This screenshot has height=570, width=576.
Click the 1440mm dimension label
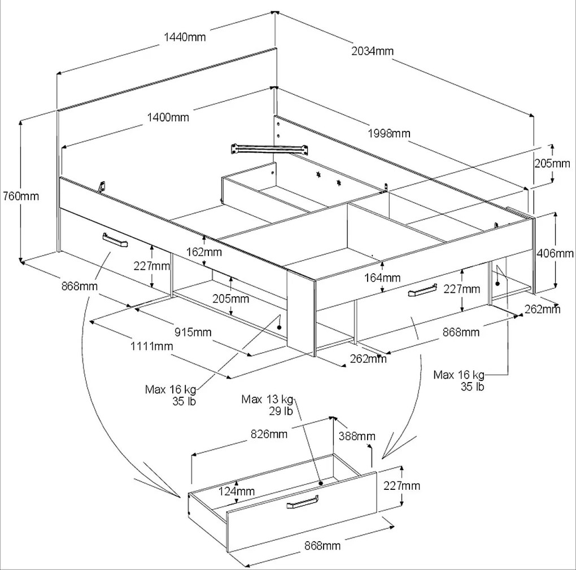(185, 37)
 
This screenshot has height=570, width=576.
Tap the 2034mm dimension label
(372, 51)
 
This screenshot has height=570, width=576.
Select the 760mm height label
(21, 196)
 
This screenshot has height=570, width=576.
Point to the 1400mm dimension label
(168, 117)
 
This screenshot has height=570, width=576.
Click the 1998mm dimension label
(389, 133)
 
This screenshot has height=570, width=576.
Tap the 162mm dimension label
(204, 252)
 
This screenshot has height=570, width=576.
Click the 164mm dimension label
(382, 278)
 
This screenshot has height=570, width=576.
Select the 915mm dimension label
(193, 332)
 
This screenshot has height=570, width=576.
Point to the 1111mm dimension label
(152, 346)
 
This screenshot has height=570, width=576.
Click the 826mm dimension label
(269, 434)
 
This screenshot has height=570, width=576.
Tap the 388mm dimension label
(357, 436)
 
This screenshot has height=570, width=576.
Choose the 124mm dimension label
(237, 491)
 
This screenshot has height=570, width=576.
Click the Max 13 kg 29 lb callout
(268, 405)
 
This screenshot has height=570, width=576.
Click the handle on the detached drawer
(303, 502)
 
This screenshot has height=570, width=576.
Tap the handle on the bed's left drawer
(115, 240)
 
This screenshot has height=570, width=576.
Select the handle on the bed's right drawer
(422, 290)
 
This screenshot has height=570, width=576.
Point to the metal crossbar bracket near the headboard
(269, 148)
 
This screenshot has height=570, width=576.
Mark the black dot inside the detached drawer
(321, 484)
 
